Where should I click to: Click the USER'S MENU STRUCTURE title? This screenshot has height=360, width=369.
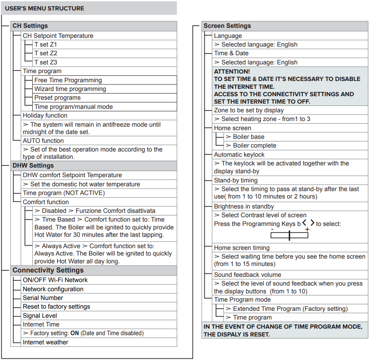[x=44, y=8]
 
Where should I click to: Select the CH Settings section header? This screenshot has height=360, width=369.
[x=30, y=26]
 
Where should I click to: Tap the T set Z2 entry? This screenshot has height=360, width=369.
[x=46, y=53]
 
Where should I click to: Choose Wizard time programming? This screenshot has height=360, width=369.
[x=70, y=89]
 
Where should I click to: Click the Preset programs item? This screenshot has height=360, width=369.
[x=58, y=98]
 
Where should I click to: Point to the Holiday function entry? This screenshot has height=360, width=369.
[x=45, y=115]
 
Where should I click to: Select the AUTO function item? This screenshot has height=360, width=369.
[x=43, y=141]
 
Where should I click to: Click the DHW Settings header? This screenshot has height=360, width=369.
[x=33, y=165]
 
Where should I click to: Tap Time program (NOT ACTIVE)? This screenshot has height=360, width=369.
[x=64, y=193]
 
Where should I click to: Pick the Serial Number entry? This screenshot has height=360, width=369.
[x=43, y=298]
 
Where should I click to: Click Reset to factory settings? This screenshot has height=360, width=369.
[x=56, y=306]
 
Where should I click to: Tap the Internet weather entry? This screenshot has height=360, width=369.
[x=45, y=342]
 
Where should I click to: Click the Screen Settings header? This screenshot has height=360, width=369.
[x=227, y=26]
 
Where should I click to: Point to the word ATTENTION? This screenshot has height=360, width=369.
[x=232, y=71]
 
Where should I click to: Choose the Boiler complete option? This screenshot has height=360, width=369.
[x=254, y=145]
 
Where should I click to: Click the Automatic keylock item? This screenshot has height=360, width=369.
[x=239, y=155]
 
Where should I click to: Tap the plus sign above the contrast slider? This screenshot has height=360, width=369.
[x=307, y=229]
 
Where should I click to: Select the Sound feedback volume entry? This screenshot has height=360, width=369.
[x=247, y=275]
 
